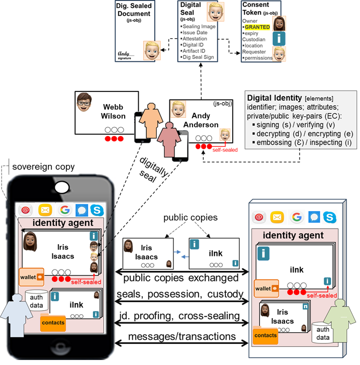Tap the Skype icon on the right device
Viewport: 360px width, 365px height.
tap(331, 217)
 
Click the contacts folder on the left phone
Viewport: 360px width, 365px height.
tap(52, 320)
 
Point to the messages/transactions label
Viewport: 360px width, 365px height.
tap(182, 336)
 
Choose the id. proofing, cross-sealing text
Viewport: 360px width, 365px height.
tap(182, 317)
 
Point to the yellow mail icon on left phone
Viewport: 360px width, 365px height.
tap(45, 210)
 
